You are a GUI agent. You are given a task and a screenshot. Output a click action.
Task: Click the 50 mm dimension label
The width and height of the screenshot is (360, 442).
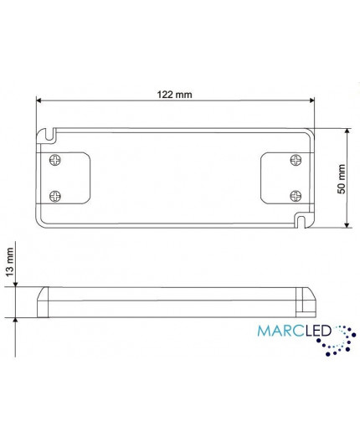tap(341, 178)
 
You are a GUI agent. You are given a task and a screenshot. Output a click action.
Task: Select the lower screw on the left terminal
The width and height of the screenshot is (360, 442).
tap(57, 194)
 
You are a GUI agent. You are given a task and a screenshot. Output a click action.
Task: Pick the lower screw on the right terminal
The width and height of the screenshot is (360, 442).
tap(294, 194)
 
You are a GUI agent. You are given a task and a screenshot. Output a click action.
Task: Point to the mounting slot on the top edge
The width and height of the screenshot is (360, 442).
tap(51, 132)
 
